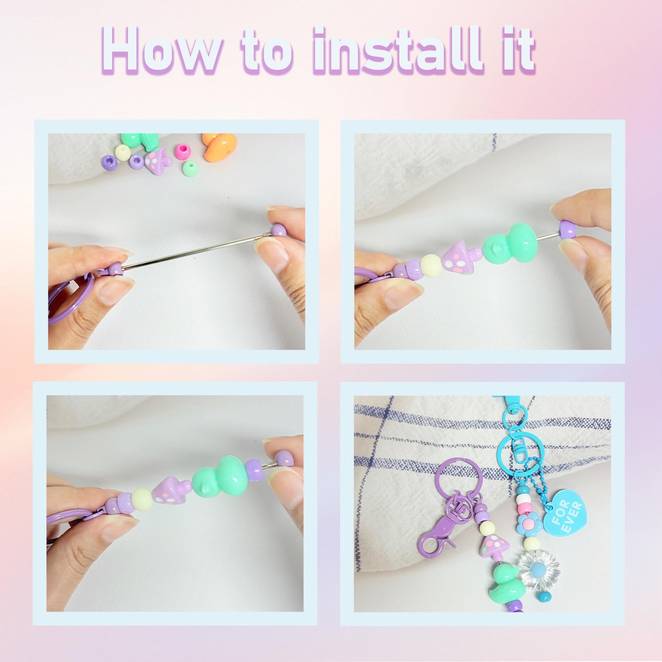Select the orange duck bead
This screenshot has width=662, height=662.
coord(218,148)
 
